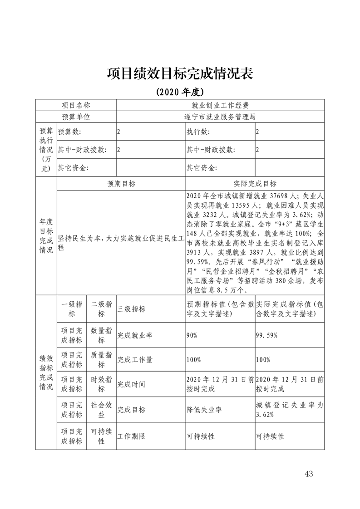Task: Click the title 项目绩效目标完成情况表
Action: point(180,73)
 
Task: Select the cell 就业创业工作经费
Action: point(220,105)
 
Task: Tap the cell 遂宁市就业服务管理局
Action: point(220,117)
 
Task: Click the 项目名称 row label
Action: point(76,105)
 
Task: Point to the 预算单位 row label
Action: point(76,117)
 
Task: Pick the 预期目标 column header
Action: point(121,184)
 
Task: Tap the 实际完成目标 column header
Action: point(255,184)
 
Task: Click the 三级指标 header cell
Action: point(131,309)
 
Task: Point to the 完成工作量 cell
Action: point(135,360)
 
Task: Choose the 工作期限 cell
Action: point(131,436)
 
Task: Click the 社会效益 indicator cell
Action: point(102,410)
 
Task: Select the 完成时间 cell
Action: point(131,384)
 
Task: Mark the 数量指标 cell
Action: point(102,335)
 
